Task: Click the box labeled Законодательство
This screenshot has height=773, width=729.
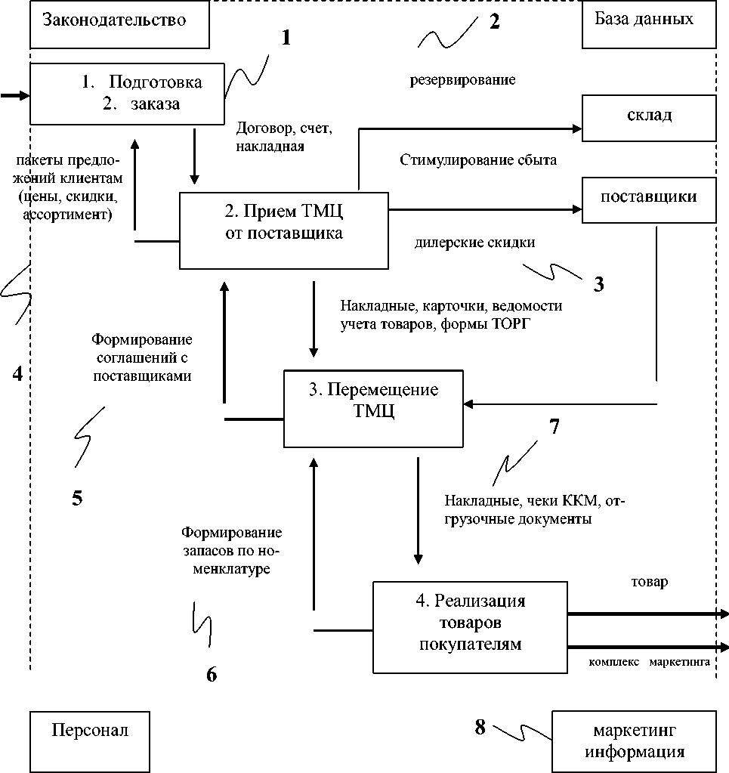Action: (119, 21)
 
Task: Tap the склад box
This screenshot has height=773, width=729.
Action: (648, 116)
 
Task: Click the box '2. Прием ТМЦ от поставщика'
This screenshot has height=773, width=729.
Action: (283, 230)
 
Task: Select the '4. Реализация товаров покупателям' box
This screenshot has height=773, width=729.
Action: (470, 626)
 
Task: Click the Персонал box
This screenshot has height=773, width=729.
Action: (90, 731)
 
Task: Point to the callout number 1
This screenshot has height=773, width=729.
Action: (286, 39)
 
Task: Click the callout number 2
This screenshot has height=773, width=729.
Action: (494, 21)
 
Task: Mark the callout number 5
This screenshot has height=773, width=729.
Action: (77, 498)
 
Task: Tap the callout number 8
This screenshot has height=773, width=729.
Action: (479, 727)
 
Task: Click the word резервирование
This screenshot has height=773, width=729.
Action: (462, 79)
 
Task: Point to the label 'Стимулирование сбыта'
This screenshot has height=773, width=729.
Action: (477, 160)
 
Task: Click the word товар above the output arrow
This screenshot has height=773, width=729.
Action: (650, 583)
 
